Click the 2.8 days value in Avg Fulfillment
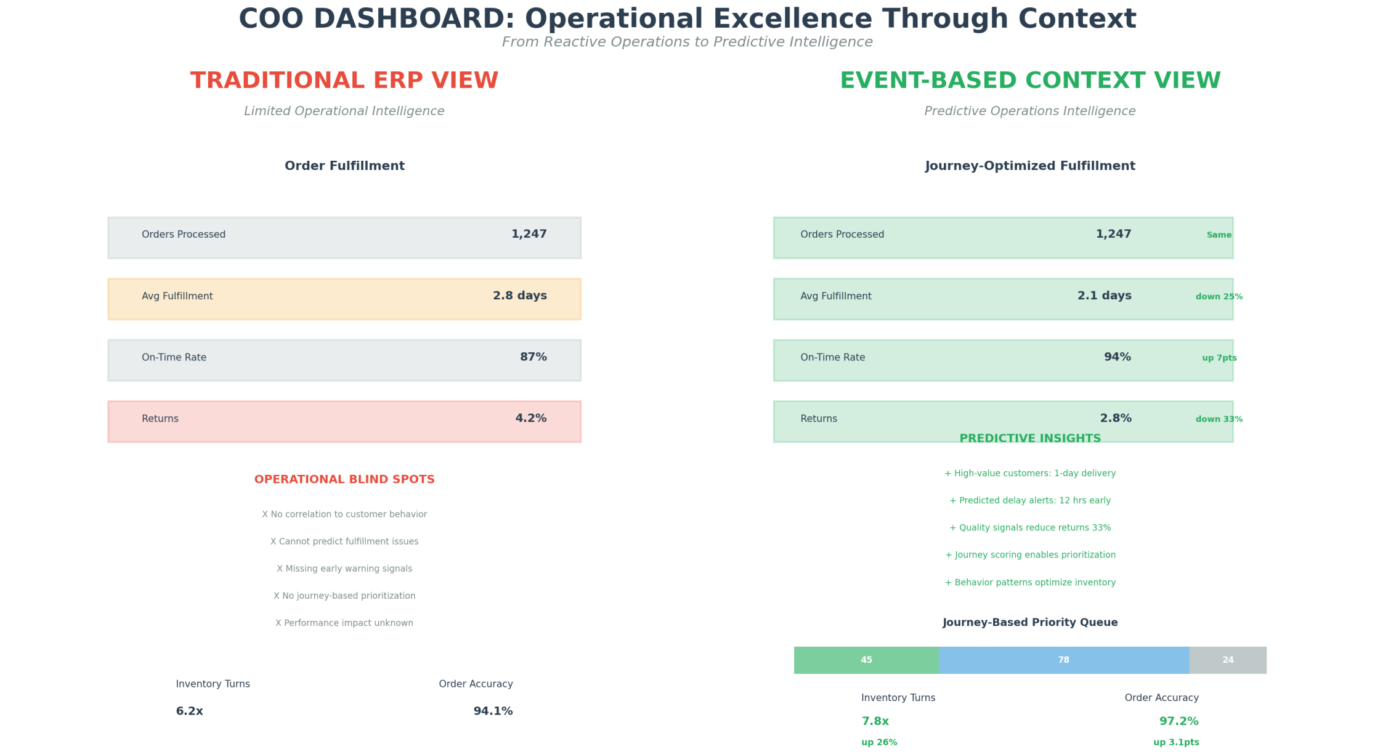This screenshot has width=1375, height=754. pos(519,296)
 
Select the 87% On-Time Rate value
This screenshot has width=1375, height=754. pos(533,357)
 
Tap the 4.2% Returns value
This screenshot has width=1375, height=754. pos(530,419)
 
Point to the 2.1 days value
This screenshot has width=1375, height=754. pos(1104,296)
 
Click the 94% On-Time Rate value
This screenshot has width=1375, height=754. pos(1117,357)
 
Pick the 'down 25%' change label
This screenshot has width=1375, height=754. pos(1219,297)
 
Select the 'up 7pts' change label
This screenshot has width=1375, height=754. pos(1219,358)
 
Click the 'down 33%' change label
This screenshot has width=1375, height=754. pos(1219,420)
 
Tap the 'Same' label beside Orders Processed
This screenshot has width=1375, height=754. pos(1219,235)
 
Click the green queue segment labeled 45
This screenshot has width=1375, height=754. pos(866,660)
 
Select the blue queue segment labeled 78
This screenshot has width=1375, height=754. pos(1063,660)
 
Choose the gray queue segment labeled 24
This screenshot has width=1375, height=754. pos(1227,660)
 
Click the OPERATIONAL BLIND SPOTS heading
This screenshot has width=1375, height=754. pos(344,479)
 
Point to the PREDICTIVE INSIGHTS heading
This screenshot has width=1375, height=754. pos(1030,439)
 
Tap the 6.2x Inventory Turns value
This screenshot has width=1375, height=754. pos(190,711)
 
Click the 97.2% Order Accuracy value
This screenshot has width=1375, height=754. pos(1178,721)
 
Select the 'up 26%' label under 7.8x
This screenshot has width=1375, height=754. pos(879,742)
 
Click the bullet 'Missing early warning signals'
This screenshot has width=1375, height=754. pos(344,569)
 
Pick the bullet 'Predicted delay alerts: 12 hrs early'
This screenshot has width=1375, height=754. pos(1030,501)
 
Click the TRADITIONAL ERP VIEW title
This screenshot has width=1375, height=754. pos(344,81)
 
